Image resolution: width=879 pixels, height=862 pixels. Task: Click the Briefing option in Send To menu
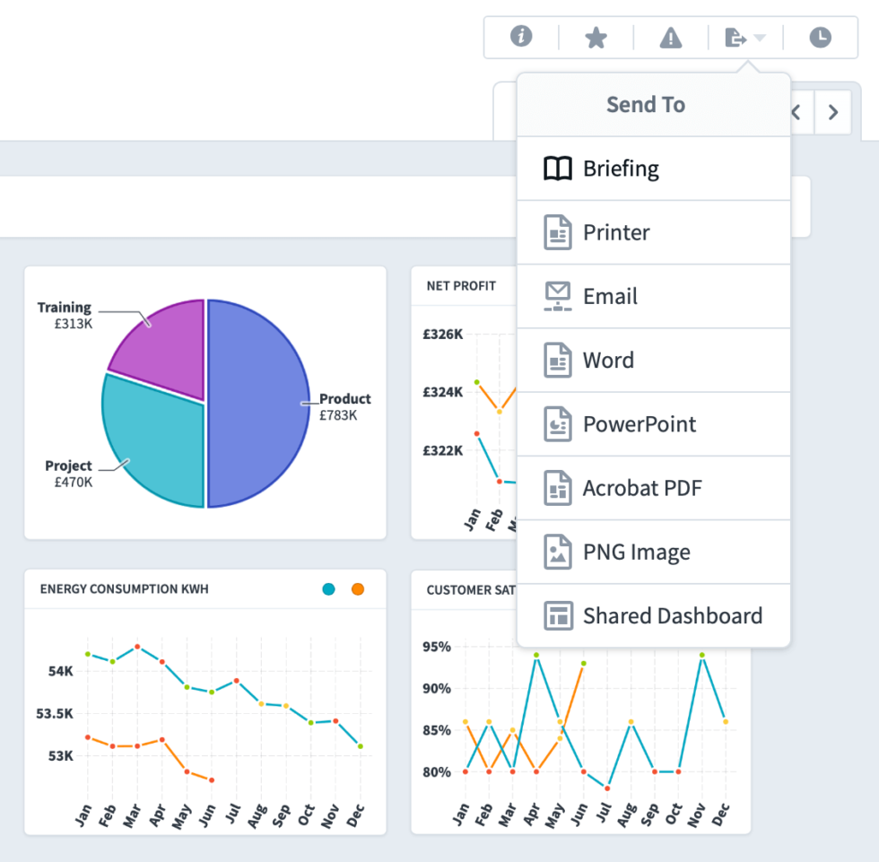click(x=620, y=169)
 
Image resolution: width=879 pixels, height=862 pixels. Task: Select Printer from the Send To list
click(x=615, y=232)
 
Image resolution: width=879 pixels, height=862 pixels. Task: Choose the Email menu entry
click(x=610, y=297)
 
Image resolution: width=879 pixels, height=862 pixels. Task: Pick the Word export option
click(x=608, y=361)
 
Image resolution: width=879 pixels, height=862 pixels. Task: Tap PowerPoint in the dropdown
click(x=639, y=424)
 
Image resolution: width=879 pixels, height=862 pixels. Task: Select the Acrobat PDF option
click(x=641, y=488)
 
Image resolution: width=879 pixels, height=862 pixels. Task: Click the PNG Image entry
click(x=636, y=553)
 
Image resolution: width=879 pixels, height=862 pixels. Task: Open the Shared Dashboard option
click(x=672, y=616)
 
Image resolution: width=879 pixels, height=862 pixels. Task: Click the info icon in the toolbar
click(x=521, y=37)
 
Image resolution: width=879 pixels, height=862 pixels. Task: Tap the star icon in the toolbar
click(x=596, y=38)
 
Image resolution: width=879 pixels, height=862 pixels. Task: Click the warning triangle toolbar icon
click(x=671, y=38)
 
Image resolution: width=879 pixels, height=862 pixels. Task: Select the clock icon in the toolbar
click(x=820, y=38)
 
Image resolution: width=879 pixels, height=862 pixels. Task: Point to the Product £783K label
click(x=344, y=406)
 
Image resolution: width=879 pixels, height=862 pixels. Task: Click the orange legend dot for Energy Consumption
click(x=358, y=589)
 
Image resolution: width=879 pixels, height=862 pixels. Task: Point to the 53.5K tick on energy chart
click(x=54, y=713)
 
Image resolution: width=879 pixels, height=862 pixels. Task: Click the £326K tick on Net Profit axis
click(x=443, y=335)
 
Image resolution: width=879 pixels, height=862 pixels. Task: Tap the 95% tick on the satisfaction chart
click(x=437, y=647)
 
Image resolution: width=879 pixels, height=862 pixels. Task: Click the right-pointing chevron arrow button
click(x=833, y=112)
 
